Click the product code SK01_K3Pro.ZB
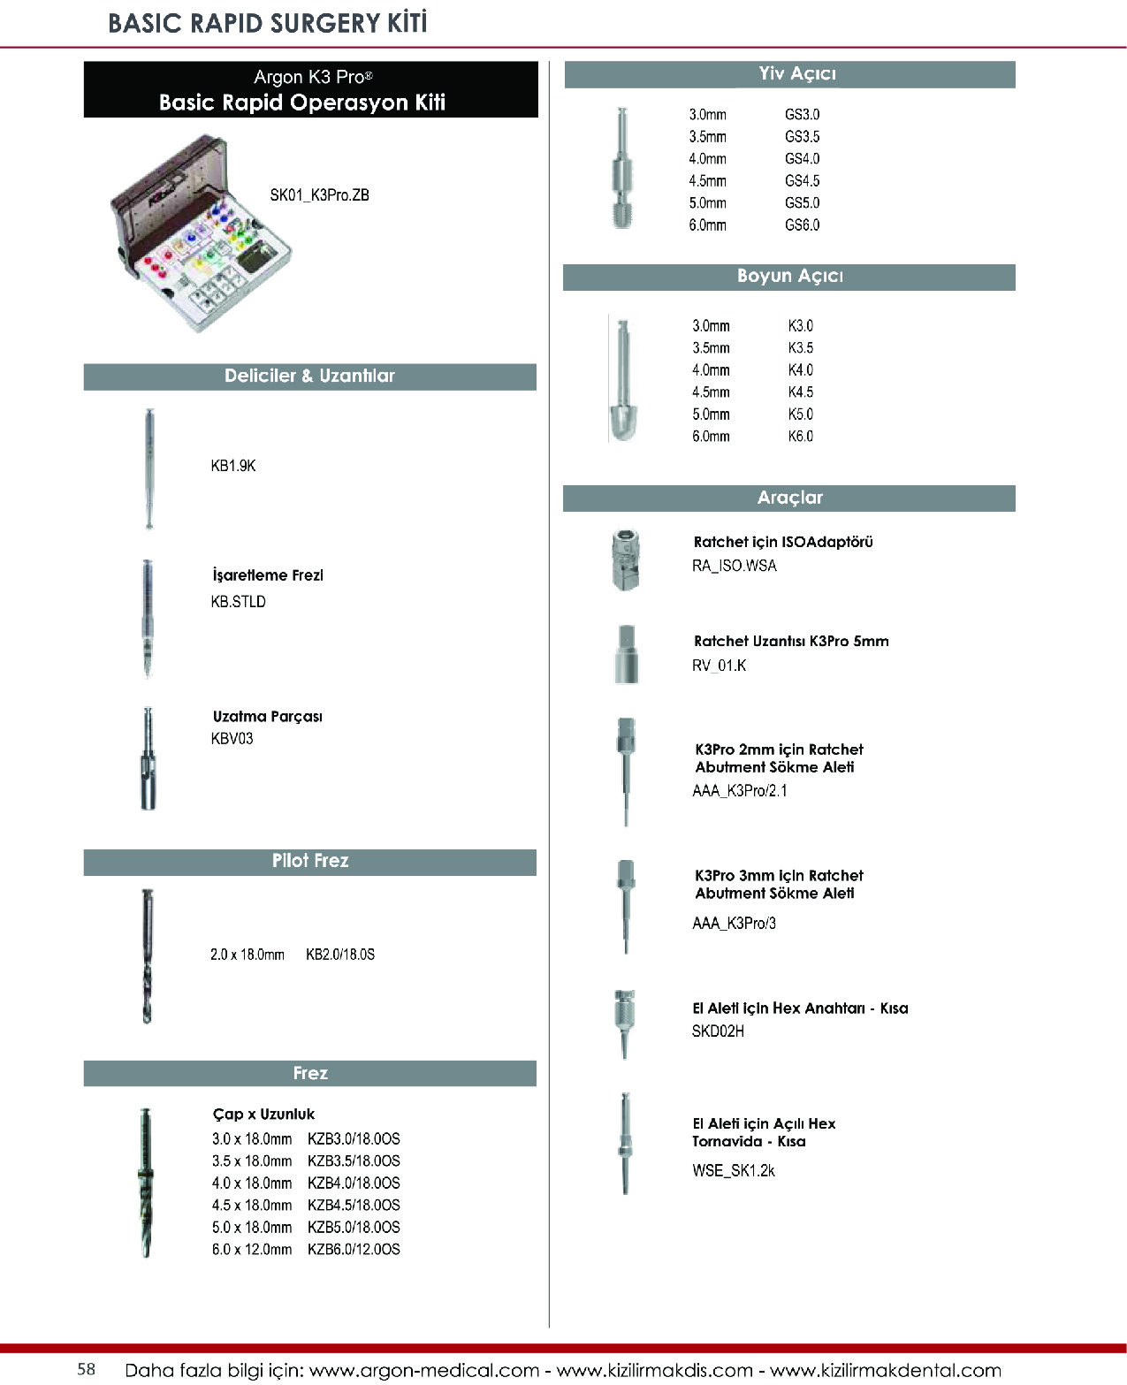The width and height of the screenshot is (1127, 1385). tap(319, 195)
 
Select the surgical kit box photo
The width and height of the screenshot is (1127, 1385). tap(201, 234)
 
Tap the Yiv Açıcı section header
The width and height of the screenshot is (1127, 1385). tap(789, 74)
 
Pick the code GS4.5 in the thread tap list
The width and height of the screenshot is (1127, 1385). tap(802, 181)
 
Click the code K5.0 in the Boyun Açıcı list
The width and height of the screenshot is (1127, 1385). tap(800, 415)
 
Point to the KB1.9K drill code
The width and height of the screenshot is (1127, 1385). tap(232, 466)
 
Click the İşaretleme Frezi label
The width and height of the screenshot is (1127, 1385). tap(268, 575)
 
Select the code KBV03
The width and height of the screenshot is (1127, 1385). tap(232, 739)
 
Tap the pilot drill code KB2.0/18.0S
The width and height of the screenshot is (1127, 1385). tap(340, 955)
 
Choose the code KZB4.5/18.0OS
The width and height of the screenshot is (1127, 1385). tap(354, 1206)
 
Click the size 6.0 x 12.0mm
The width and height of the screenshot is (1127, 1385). tap(252, 1250)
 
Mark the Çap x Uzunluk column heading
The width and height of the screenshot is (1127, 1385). tap(263, 1115)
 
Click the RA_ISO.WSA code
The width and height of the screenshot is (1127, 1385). tap(734, 567)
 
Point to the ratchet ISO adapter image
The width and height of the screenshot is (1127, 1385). tap(625, 559)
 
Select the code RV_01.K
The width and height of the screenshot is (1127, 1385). tap(719, 666)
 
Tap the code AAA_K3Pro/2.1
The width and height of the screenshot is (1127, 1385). tap(739, 791)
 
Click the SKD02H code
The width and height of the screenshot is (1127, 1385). tap(718, 1031)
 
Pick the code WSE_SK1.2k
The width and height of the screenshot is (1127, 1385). tap(733, 1171)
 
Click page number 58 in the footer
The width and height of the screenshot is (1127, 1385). tap(87, 1369)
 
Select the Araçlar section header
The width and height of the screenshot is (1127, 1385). tap(789, 498)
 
